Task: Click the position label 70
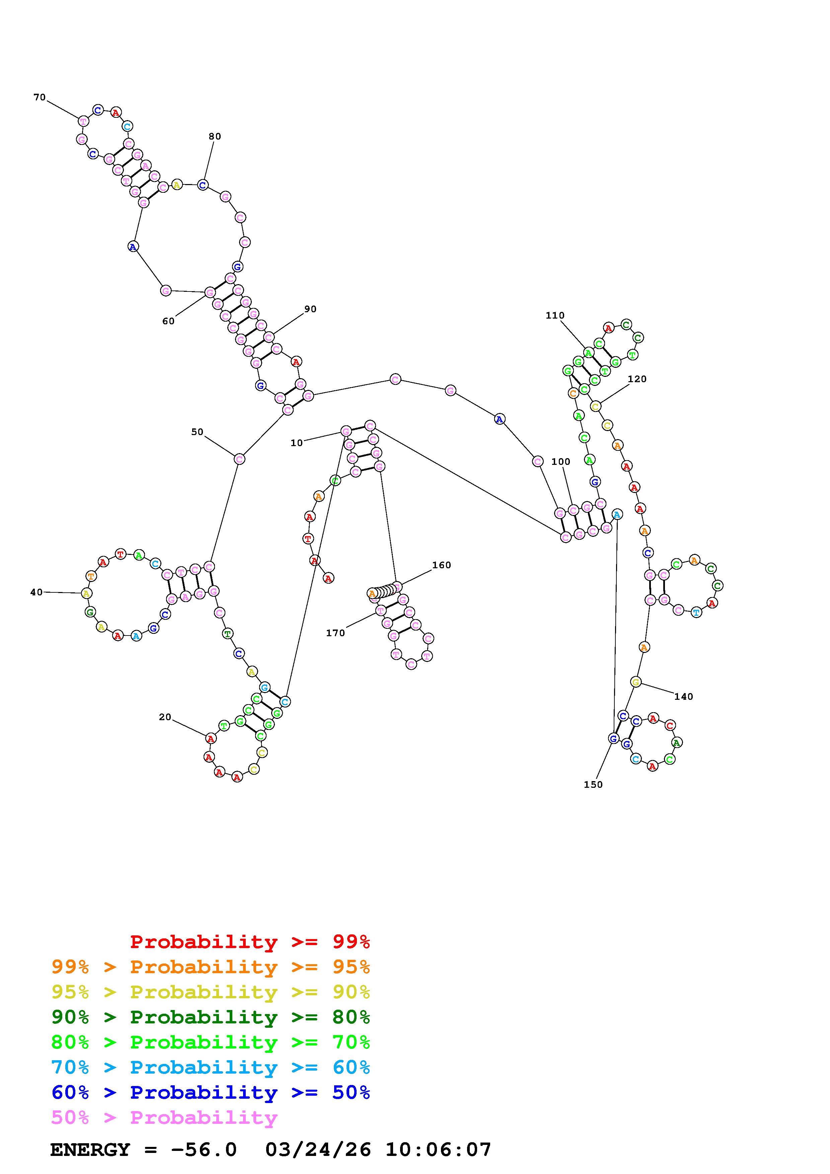coord(40,97)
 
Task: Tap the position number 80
coord(215,137)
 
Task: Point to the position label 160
coord(441,565)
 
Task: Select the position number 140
coord(683,696)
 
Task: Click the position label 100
coord(560,462)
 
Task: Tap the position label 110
coord(555,316)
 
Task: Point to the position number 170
coord(335,633)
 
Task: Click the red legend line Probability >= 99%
coord(250,942)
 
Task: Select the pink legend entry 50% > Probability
coord(164,1118)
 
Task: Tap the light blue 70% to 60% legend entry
coord(211,1067)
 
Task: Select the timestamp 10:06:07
coord(438,1150)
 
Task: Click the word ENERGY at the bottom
coord(90,1150)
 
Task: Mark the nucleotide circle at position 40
coord(86,593)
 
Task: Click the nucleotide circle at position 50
coord(239,459)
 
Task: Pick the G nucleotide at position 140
coord(636,682)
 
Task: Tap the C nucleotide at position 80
coord(203,185)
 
